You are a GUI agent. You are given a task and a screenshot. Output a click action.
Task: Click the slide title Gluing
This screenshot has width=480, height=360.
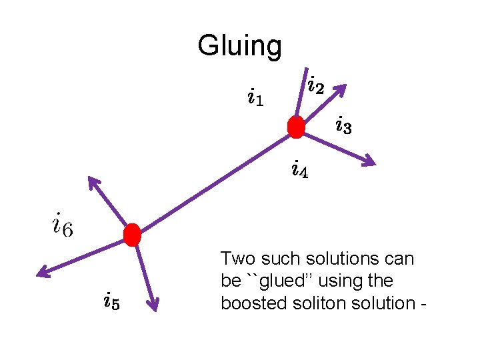tap(239, 46)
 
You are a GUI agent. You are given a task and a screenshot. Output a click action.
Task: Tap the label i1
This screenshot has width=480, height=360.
tap(255, 99)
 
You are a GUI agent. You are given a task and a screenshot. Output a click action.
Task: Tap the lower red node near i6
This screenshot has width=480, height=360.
tap(133, 235)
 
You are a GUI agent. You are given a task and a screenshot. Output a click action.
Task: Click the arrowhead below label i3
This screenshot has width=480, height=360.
tap(368, 159)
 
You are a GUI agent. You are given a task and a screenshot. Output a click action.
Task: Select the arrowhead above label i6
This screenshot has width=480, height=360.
tap(93, 182)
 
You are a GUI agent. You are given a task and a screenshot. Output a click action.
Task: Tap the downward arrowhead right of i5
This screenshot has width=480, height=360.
tap(153, 305)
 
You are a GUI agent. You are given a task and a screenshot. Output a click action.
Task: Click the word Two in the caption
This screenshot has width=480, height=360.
tap(237, 259)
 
